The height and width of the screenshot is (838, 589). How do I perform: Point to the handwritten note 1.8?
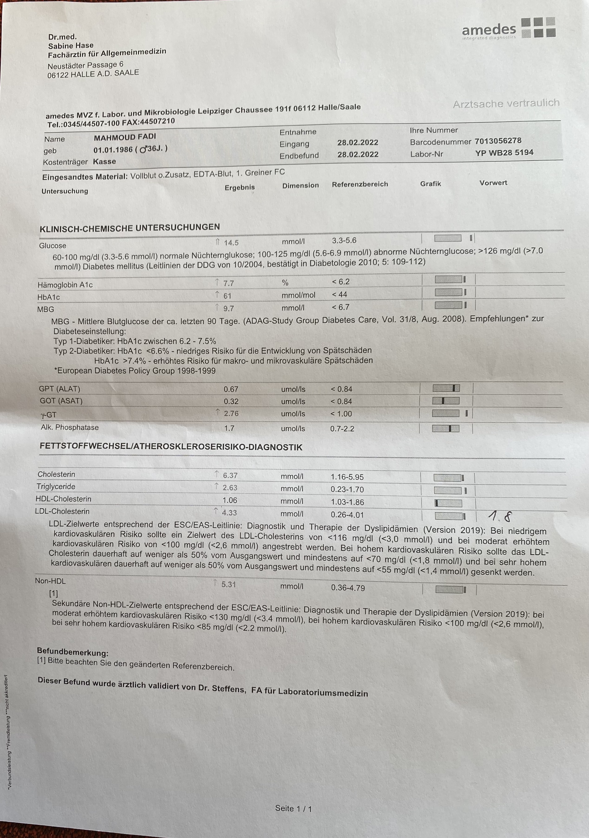500,516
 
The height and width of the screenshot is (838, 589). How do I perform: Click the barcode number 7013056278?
498,141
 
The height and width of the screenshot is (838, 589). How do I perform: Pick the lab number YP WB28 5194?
504,152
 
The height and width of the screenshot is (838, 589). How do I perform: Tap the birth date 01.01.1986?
113,150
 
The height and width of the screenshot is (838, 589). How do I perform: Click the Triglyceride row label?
56,487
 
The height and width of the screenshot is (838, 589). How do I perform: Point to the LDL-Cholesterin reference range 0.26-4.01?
347,515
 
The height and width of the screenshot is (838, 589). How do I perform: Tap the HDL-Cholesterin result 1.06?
230,500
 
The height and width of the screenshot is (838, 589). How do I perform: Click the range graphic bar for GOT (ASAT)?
446,401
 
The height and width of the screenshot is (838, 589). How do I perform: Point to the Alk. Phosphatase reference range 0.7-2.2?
342,429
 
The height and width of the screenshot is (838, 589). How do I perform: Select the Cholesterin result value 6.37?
230,475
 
